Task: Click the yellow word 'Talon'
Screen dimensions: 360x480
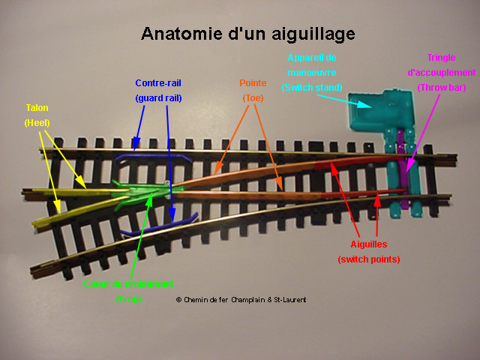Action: pyautogui.click(x=36, y=108)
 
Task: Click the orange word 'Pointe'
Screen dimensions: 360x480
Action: pyautogui.click(x=253, y=82)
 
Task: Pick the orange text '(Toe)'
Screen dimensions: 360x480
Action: pyautogui.click(x=253, y=97)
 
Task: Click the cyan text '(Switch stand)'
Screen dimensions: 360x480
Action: pyautogui.click(x=311, y=88)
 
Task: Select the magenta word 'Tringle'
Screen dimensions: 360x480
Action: pyautogui.click(x=441, y=58)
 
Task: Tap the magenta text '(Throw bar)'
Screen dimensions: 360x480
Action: pyautogui.click(x=441, y=88)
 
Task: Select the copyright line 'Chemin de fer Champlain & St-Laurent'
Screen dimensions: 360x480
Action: pyautogui.click(x=241, y=299)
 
